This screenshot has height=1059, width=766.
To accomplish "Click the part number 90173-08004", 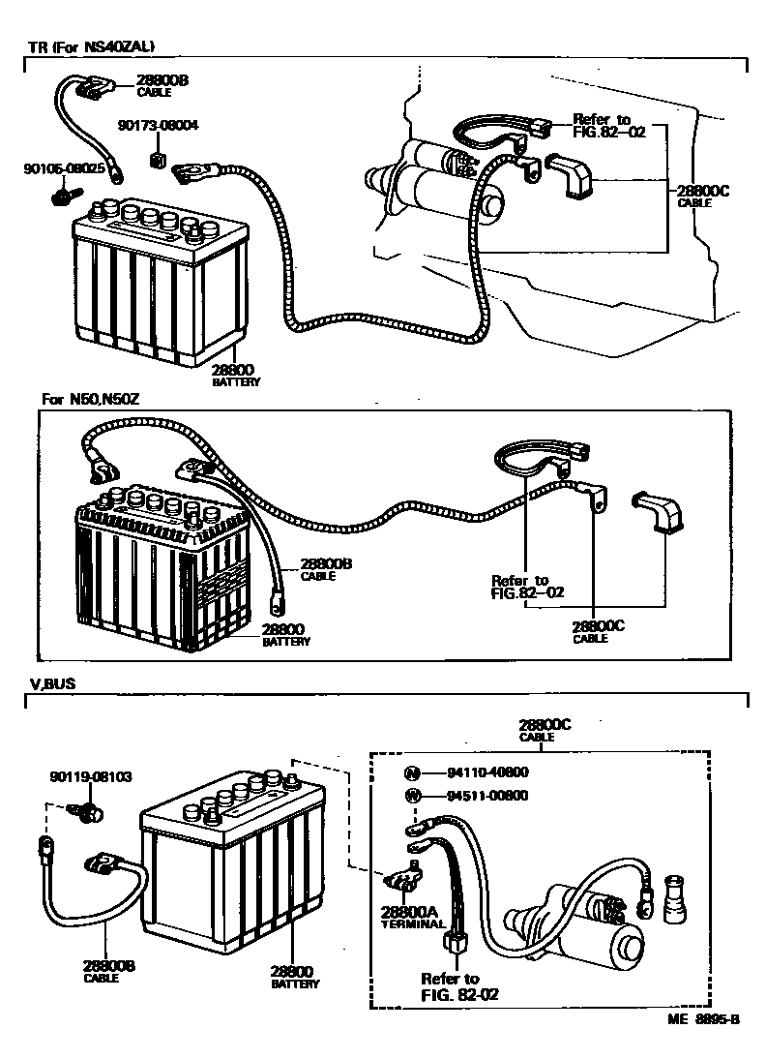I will point(159,126).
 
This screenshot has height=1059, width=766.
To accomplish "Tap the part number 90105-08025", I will point(64,168).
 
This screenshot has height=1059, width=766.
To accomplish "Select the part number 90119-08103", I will point(91,776).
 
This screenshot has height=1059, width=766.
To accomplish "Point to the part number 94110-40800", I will point(487,772).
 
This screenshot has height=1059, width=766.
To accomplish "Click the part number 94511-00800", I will point(487,796).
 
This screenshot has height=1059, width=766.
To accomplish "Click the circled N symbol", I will point(412,772).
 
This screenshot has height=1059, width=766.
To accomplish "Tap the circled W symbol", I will point(412,796).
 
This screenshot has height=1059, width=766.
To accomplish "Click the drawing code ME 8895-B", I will point(702,1018).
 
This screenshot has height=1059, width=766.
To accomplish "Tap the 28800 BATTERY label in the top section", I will point(234,375).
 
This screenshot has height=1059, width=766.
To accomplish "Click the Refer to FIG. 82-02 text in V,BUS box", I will point(451,985).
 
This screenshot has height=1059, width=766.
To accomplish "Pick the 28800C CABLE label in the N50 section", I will point(598,631).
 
